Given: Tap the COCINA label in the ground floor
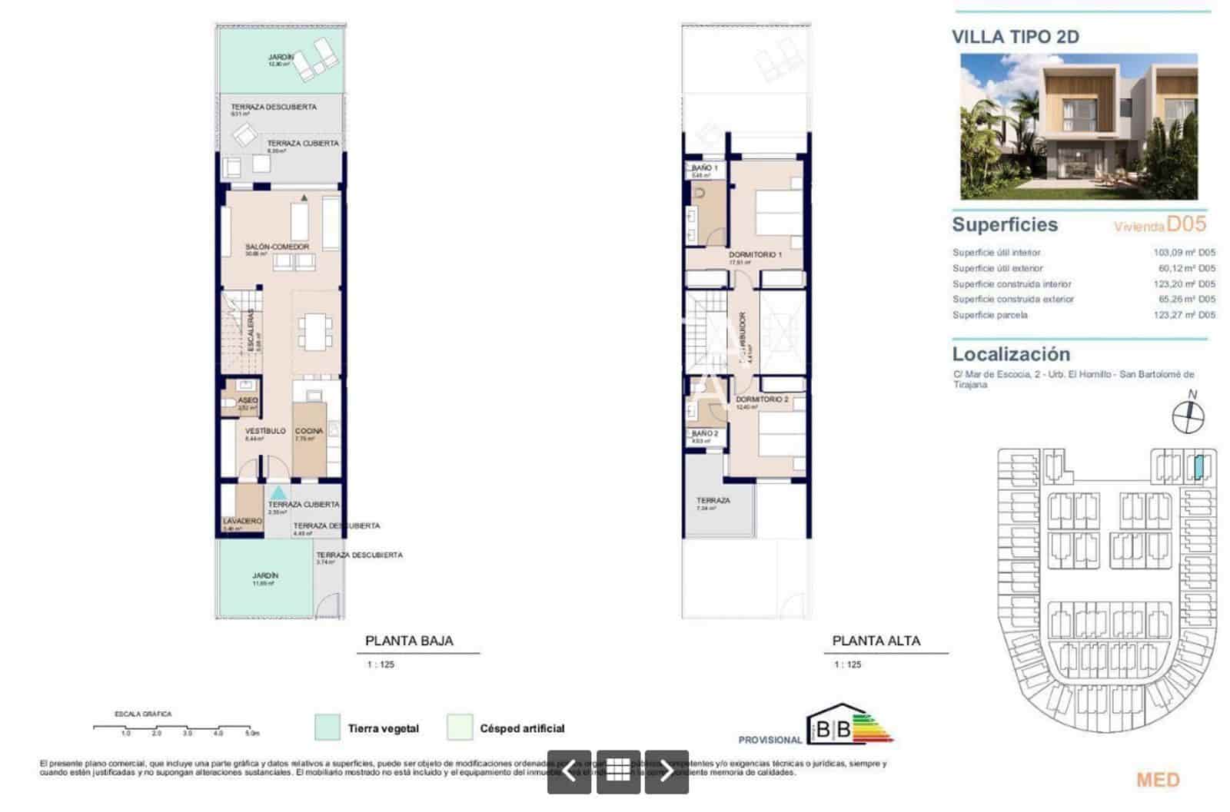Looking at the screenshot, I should coord(309,431).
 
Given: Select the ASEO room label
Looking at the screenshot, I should coord(248,400).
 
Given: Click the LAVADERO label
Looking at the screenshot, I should coord(242,521).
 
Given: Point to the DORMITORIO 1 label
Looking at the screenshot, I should coord(755,254).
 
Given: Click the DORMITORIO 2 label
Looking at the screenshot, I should coord(761,399).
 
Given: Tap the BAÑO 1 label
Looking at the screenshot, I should coord(704,167).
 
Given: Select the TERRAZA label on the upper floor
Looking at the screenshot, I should coord(713,500).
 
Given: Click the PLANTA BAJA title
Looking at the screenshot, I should coord(409,641).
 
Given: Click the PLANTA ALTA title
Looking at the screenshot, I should coord(876,641).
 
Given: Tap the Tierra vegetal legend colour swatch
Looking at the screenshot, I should coord(327,727).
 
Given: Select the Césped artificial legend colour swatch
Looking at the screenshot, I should coord(460,727).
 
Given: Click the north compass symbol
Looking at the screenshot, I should coord(1188,416).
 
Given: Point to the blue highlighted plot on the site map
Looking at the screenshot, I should coord(1199,466).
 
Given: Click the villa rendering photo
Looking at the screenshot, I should coord(1079,127).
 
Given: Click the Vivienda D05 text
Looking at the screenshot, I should coord(1160,224).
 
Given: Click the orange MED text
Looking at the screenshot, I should coord(1158,780).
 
